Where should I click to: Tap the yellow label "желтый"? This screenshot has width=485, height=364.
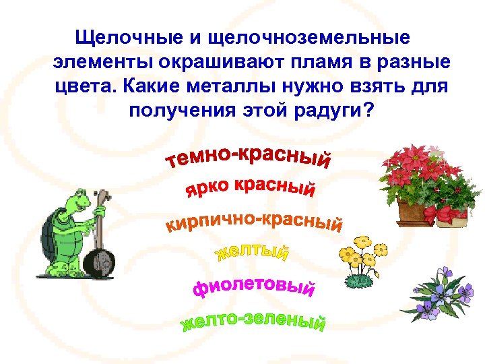[252, 253]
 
